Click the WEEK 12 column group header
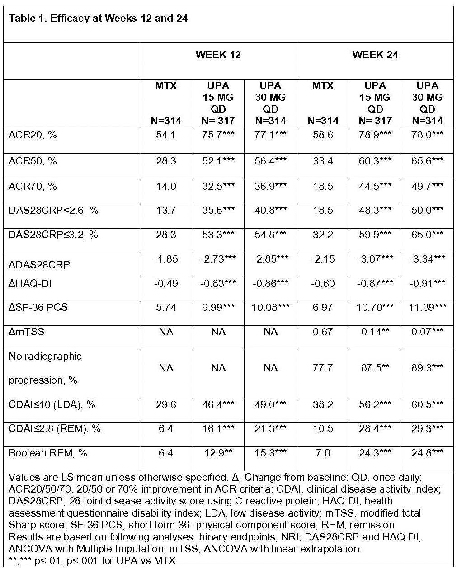click(x=218, y=55)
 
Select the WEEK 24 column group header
click(x=375, y=55)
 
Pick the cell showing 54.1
click(x=166, y=135)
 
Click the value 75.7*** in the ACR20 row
click(x=218, y=135)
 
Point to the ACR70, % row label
click(x=33, y=186)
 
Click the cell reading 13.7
click(x=166, y=211)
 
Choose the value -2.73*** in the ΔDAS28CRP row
click(x=218, y=259)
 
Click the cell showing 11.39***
click(x=427, y=308)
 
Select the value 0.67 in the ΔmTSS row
click(x=323, y=332)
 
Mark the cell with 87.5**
click(x=375, y=368)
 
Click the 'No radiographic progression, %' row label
click(x=45, y=368)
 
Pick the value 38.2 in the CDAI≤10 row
click(x=323, y=404)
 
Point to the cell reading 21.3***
click(x=270, y=428)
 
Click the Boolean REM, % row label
click(x=47, y=453)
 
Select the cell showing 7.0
click(x=323, y=453)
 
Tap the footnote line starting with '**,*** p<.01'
click(x=92, y=560)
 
